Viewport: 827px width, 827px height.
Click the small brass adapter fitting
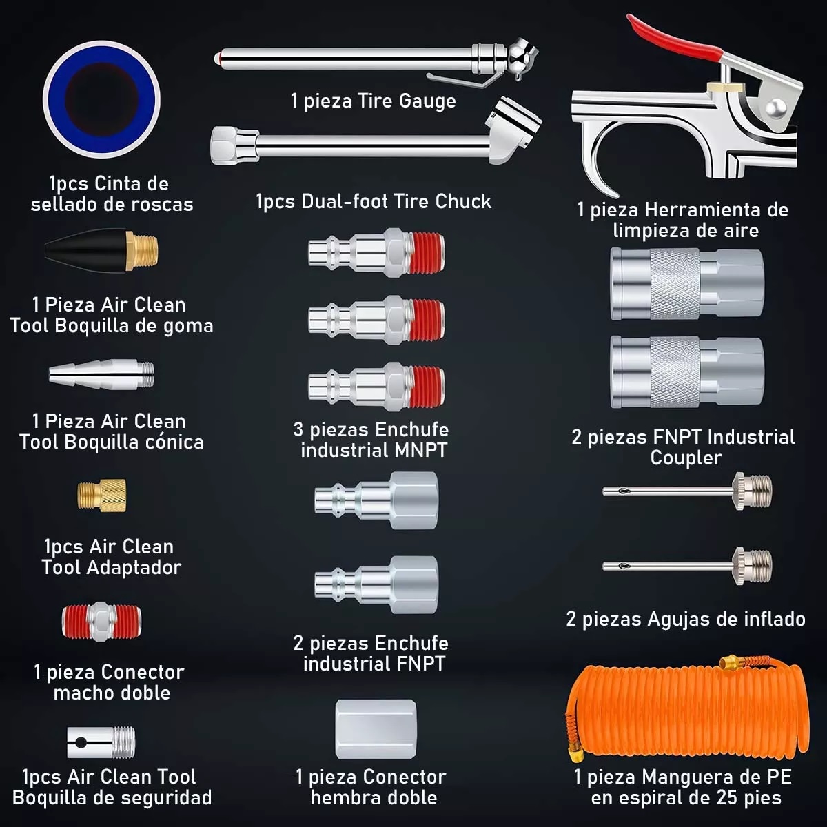pyautogui.click(x=101, y=494)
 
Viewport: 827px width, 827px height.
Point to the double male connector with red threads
pyautogui.click(x=101, y=621)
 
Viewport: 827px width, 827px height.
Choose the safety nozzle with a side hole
pyautogui.click(x=101, y=742)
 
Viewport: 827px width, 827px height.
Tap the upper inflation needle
pyautogui.click(x=687, y=491)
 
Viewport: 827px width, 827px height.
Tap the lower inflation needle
pyautogui.click(x=687, y=566)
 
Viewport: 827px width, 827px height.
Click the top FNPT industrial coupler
pyautogui.click(x=686, y=284)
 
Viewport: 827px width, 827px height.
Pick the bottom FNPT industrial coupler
pyautogui.click(x=686, y=371)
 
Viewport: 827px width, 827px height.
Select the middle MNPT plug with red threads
pyautogui.click(x=376, y=320)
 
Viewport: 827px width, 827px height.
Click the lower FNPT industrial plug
pyautogui.click(x=376, y=584)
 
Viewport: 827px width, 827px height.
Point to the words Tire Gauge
pyautogui.click(x=407, y=101)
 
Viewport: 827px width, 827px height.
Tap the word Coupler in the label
pyautogui.click(x=686, y=458)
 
